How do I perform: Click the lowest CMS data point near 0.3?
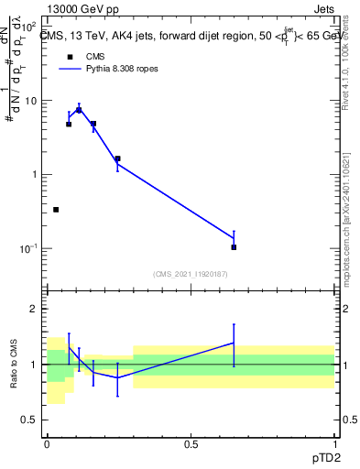tap(56, 210)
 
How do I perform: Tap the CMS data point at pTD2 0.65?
tap(234, 247)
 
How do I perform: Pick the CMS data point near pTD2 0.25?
tap(117, 158)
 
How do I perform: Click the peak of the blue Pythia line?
tap(79, 109)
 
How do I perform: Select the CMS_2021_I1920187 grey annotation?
tap(190, 274)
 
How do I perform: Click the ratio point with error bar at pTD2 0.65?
tap(234, 343)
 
